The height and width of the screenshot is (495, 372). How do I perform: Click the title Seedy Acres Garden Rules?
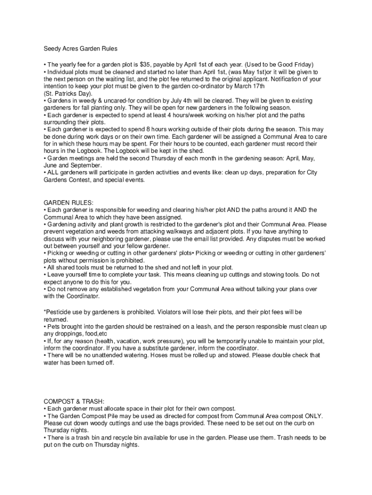pyautogui.click(x=81, y=49)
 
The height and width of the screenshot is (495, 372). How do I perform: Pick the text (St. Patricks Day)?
pyautogui.click(x=68, y=93)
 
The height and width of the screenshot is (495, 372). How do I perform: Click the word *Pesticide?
pyautogui.click(x=59, y=312)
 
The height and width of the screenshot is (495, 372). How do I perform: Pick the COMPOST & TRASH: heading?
pyautogui.click(x=74, y=401)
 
